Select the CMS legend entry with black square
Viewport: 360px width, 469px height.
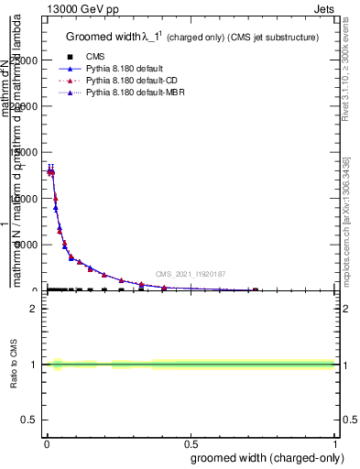95,57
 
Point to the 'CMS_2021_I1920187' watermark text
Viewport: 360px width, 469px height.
190,273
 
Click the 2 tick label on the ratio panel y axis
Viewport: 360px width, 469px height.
36,309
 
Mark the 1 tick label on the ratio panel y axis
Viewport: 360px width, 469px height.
36,365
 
